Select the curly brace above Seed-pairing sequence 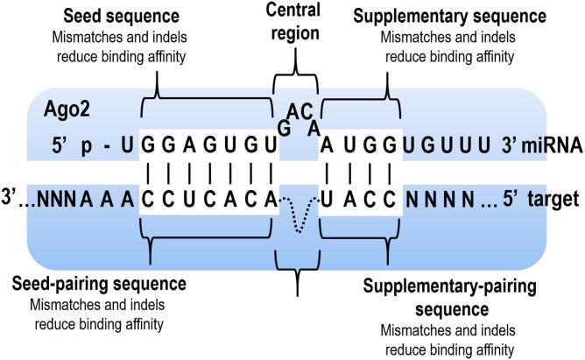(x=208, y=246)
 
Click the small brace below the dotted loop (x=297, y=263)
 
